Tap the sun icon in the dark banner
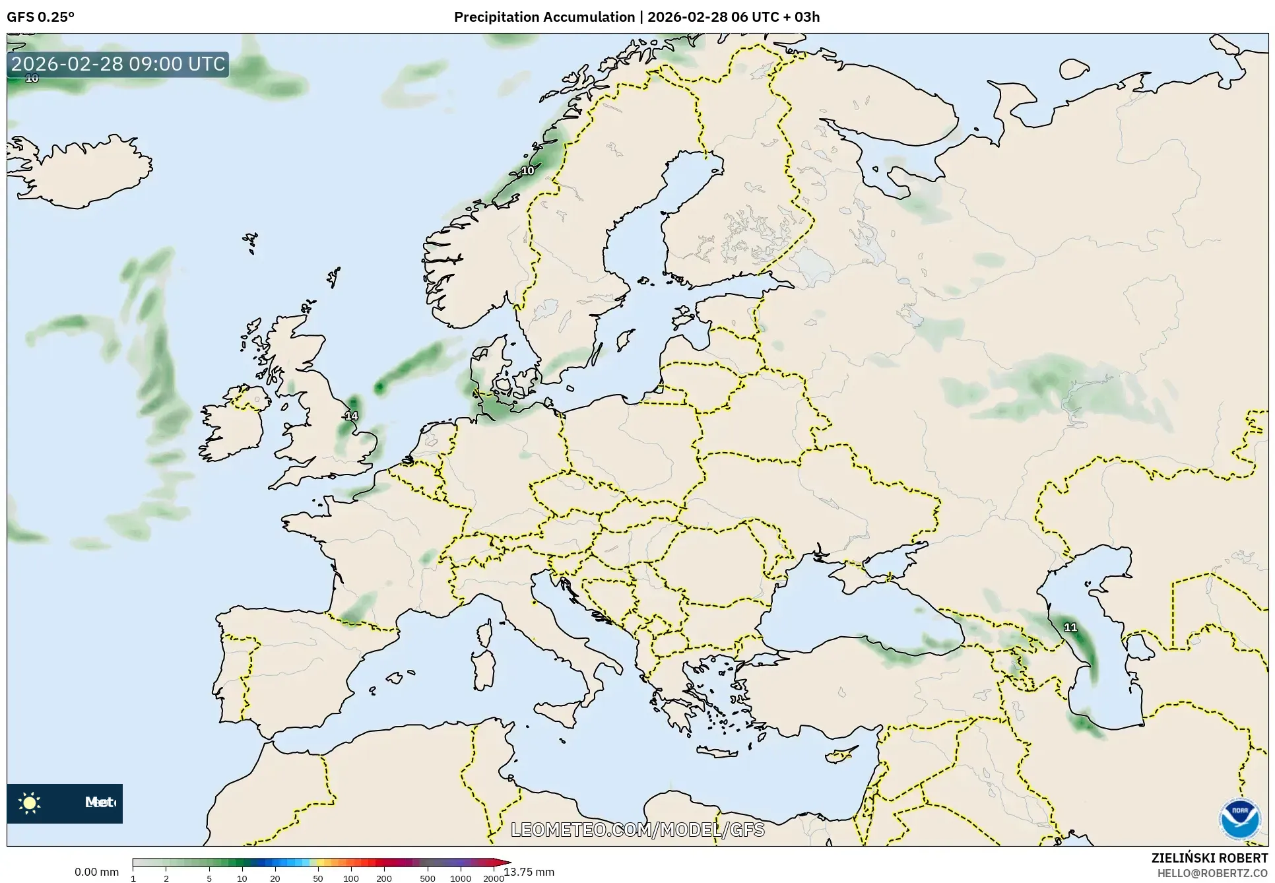[30, 803]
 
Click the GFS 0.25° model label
[40, 17]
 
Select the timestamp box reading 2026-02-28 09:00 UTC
[118, 64]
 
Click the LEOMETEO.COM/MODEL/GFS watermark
[637, 830]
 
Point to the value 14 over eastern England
[351, 416]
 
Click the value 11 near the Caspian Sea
[1070, 627]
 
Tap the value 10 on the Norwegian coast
[528, 170]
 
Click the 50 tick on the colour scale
[318, 878]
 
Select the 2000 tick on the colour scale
[493, 878]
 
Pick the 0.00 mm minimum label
[96, 872]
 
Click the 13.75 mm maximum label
[529, 872]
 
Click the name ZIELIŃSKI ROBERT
[1209, 858]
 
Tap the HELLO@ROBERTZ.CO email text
[1212, 873]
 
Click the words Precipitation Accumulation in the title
[544, 17]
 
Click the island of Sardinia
[484, 669]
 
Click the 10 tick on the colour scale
[242, 878]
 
